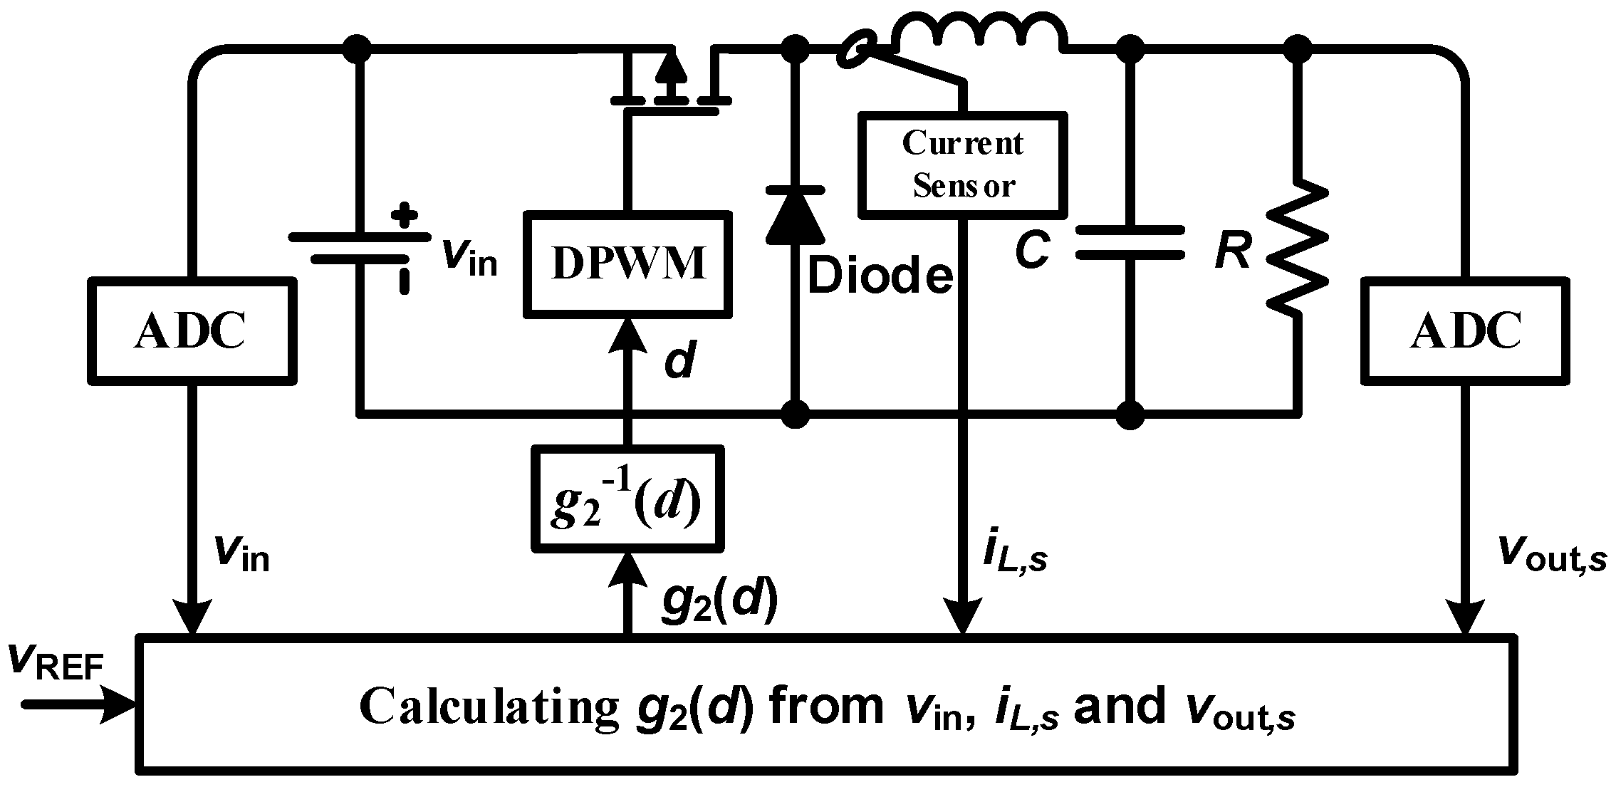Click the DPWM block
[628, 264]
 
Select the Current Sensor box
[963, 165]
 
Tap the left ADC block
[192, 330]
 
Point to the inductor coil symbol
[979, 32]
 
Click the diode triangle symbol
[796, 217]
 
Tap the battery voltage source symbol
[360, 246]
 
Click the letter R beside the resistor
[1232, 251]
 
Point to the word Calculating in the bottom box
[488, 707]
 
